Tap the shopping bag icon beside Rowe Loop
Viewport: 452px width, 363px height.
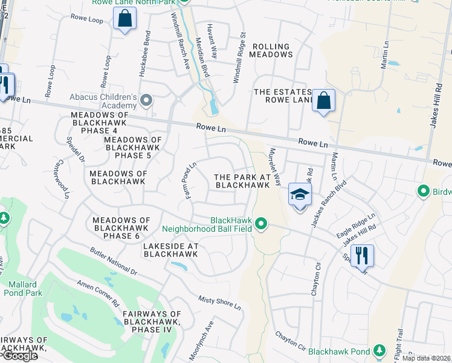124,20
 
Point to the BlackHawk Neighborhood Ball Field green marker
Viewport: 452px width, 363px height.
261,224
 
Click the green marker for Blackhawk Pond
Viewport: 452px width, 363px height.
379,350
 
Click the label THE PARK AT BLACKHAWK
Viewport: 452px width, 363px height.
242,181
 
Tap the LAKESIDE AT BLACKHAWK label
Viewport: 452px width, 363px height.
171,250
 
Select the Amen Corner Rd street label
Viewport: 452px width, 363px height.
97,294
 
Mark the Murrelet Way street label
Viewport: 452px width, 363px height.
275,166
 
